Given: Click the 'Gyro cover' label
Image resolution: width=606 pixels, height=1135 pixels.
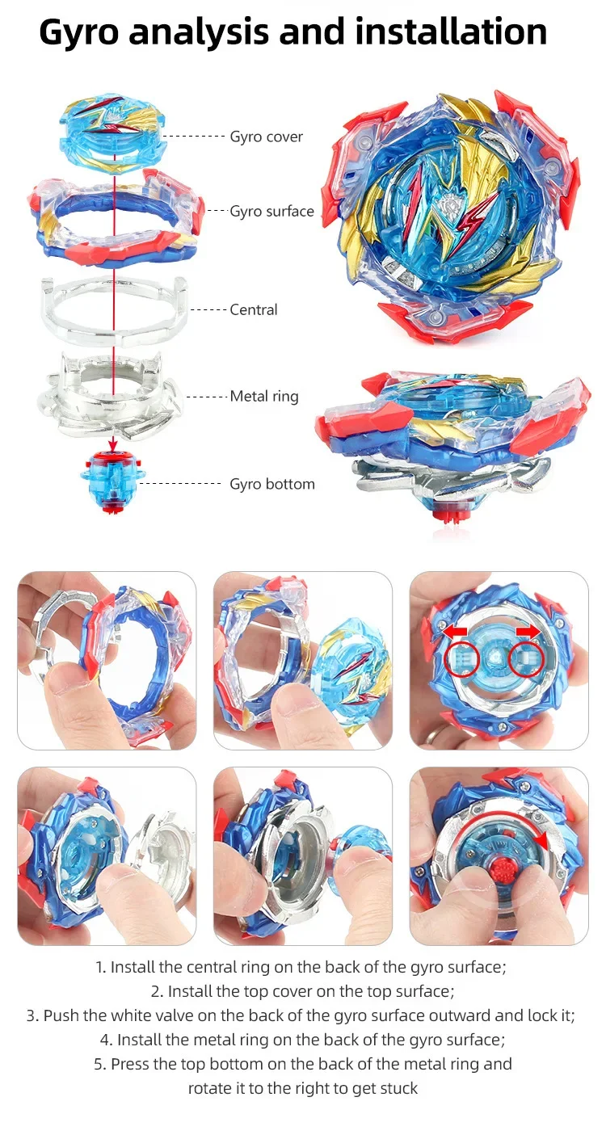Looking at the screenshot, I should pyautogui.click(x=266, y=137).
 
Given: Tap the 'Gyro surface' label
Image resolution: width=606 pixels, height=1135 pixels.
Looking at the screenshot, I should pyautogui.click(x=271, y=212).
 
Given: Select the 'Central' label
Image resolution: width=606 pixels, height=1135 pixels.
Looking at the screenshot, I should pyautogui.click(x=254, y=309).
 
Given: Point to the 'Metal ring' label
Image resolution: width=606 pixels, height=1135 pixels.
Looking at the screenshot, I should pyautogui.click(x=264, y=397).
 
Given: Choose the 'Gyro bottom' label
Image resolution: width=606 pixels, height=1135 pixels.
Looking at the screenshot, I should pyautogui.click(x=272, y=484).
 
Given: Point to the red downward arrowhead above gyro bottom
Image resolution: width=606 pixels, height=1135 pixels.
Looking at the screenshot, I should pyautogui.click(x=113, y=444).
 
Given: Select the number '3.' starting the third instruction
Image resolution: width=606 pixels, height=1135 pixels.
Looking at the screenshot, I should pyautogui.click(x=32, y=1015).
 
